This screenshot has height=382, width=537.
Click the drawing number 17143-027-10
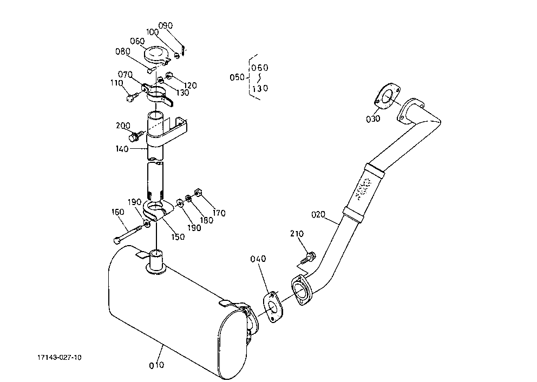60,358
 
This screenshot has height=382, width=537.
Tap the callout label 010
156,365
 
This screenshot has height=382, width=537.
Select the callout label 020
318,215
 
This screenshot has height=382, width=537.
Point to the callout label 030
373,119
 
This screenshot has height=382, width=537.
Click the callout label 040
258,259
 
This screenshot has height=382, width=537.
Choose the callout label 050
237,77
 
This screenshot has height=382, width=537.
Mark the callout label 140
122,149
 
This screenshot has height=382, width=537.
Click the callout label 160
118,212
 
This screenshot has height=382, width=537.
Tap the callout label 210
297,234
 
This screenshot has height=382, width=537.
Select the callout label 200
123,126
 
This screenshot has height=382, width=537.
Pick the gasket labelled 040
273,307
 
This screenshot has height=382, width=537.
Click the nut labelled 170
197,192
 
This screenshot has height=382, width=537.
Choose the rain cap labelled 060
156,56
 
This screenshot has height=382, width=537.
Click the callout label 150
178,237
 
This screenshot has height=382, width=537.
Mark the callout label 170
219,213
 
